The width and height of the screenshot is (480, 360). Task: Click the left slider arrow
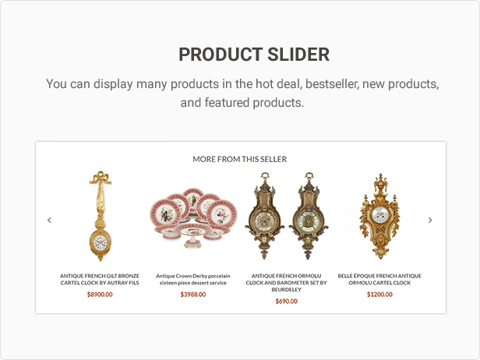tap(49, 220)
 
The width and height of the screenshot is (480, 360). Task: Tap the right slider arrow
tap(430, 220)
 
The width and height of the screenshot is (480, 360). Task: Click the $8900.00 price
tap(100, 295)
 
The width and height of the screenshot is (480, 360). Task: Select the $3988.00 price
tap(193, 295)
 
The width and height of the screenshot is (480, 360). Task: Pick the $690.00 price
tap(286, 302)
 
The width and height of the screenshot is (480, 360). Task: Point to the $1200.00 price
tap(379, 295)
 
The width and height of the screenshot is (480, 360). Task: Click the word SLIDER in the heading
tap(298, 55)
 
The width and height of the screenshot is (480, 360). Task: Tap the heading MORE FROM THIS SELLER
tap(240, 159)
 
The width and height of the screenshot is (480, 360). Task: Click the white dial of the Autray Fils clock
tap(100, 243)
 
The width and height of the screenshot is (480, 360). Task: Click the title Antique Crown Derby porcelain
tap(193, 276)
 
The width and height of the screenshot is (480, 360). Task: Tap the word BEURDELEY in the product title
tap(286, 290)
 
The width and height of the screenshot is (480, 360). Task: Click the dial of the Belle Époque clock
tap(380, 214)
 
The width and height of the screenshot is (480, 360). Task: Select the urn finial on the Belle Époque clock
tap(380, 183)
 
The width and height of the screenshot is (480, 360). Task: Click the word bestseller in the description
tap(332, 84)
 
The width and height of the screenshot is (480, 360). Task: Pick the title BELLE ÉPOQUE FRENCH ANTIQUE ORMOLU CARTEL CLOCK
tap(379, 279)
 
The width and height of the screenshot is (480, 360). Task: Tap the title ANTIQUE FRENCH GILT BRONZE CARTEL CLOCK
tap(100, 279)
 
